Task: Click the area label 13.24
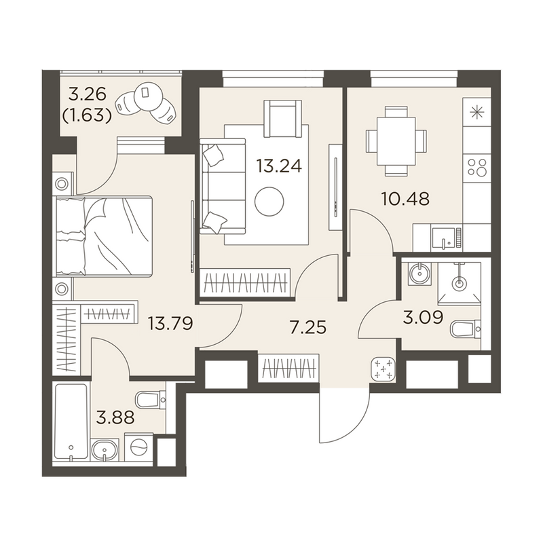click(x=279, y=166)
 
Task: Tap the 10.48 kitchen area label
click(x=405, y=199)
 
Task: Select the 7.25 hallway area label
click(x=308, y=327)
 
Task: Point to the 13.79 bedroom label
click(x=170, y=324)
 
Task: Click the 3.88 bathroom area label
click(x=115, y=417)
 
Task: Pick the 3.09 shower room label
click(x=423, y=317)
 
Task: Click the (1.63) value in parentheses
click(x=87, y=115)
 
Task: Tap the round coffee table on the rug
click(x=269, y=201)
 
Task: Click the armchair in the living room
click(x=282, y=118)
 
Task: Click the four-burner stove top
click(x=477, y=167)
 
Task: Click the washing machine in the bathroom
click(x=138, y=447)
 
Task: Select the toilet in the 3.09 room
click(x=465, y=329)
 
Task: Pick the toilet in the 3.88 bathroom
click(x=150, y=400)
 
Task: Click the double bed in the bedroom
click(x=104, y=236)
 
